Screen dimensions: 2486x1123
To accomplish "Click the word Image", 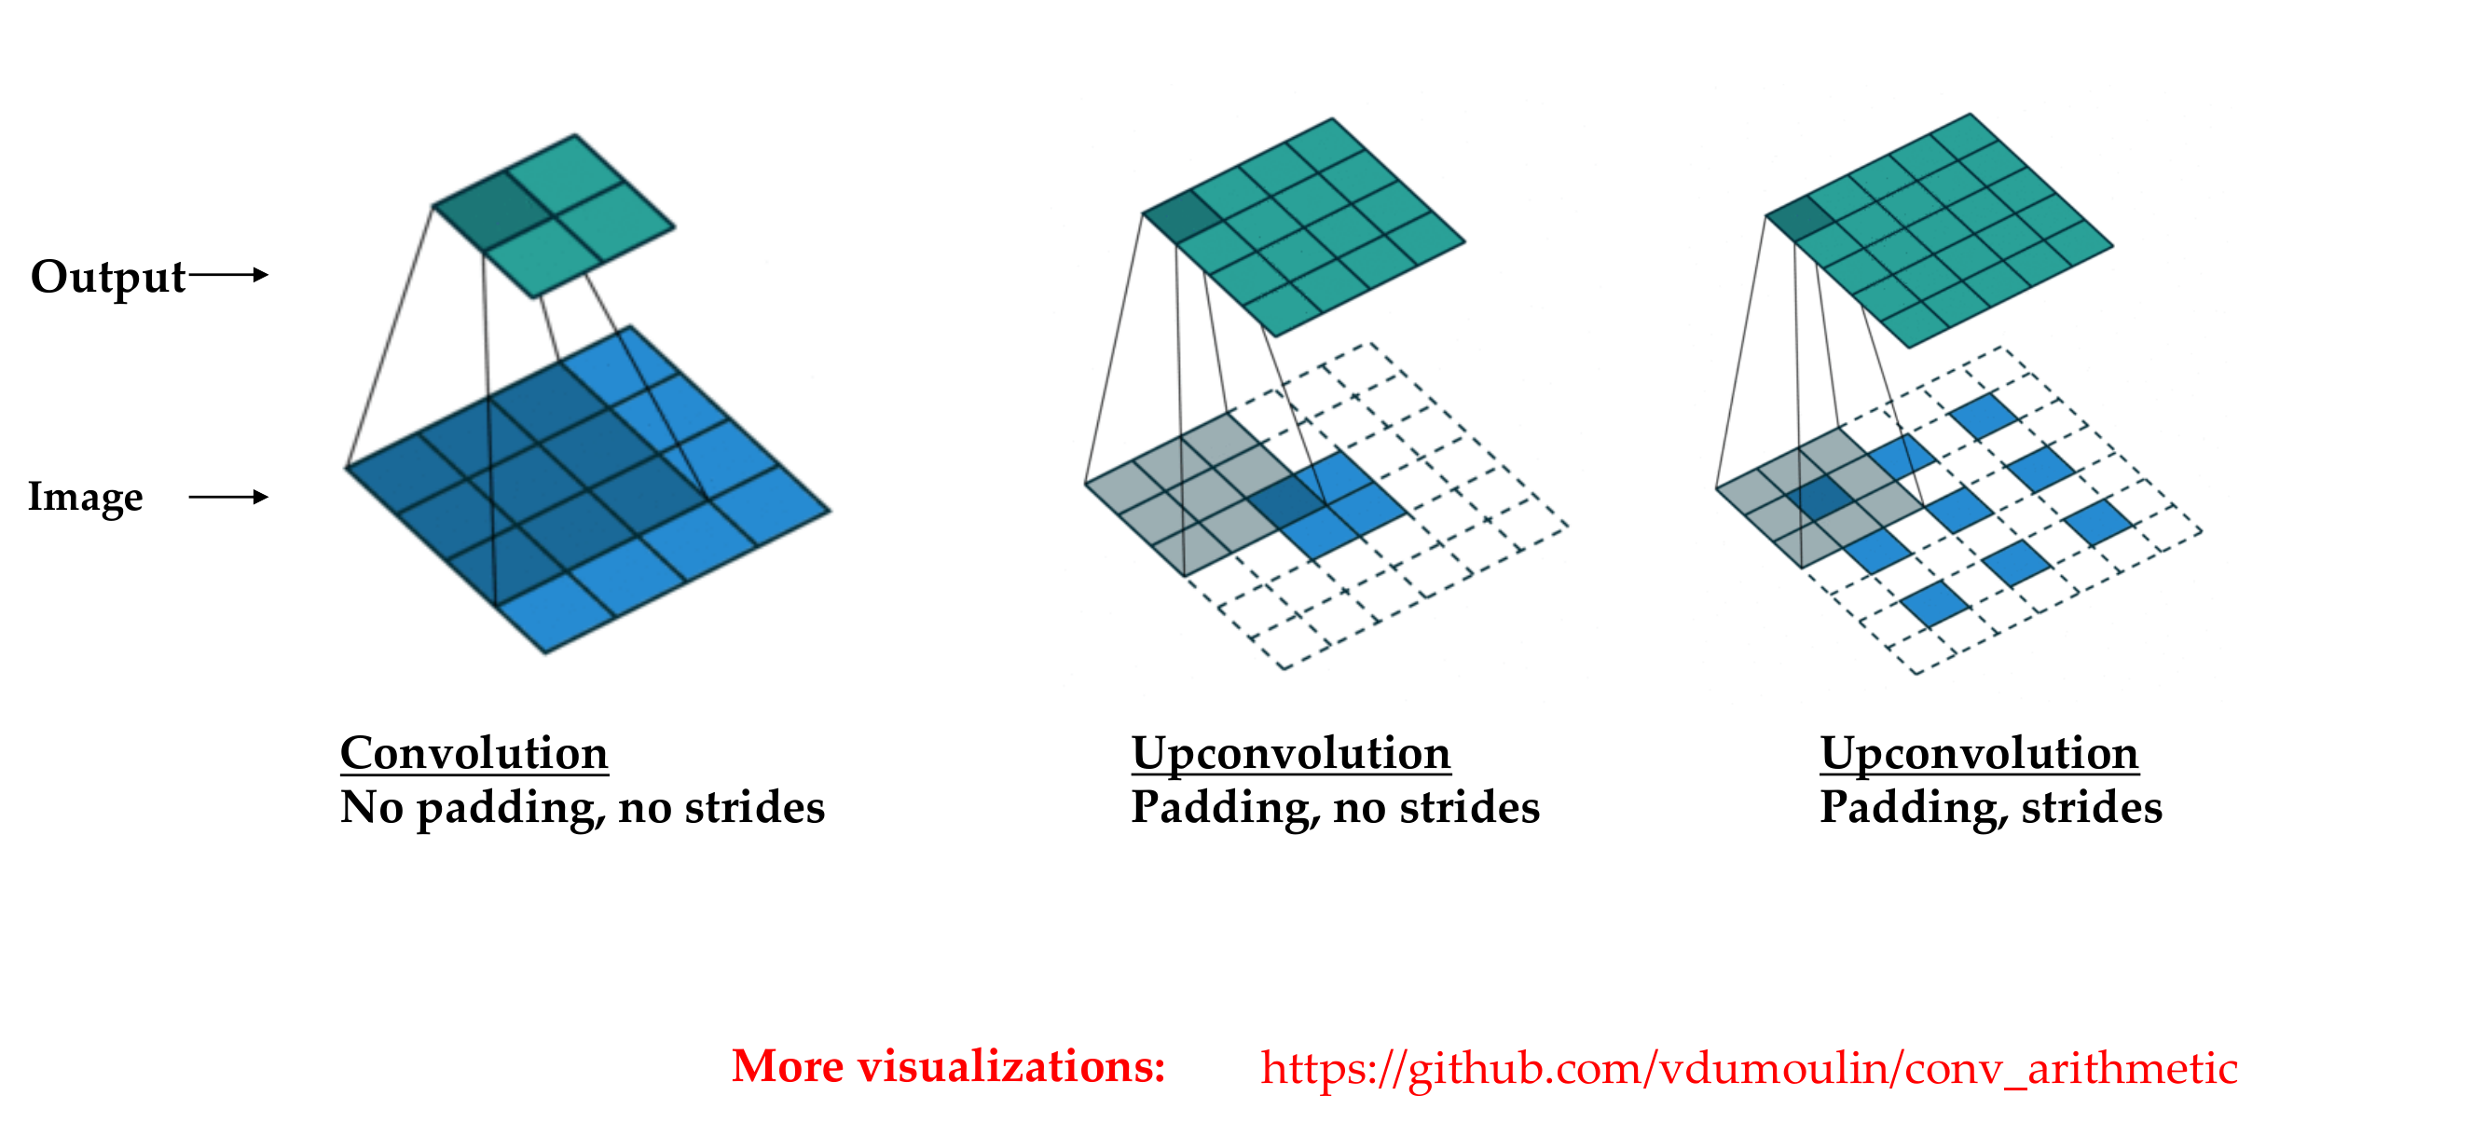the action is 86,498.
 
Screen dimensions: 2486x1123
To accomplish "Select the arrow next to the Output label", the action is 228,275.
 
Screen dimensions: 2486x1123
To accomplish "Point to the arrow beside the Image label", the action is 228,497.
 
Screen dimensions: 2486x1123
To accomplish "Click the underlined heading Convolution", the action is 474,752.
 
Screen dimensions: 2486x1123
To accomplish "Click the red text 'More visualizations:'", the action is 949,1066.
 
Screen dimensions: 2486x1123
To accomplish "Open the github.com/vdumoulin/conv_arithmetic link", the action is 1749,1069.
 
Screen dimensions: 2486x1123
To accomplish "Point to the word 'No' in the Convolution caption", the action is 372,806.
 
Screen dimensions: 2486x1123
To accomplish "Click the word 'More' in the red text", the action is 788,1066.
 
